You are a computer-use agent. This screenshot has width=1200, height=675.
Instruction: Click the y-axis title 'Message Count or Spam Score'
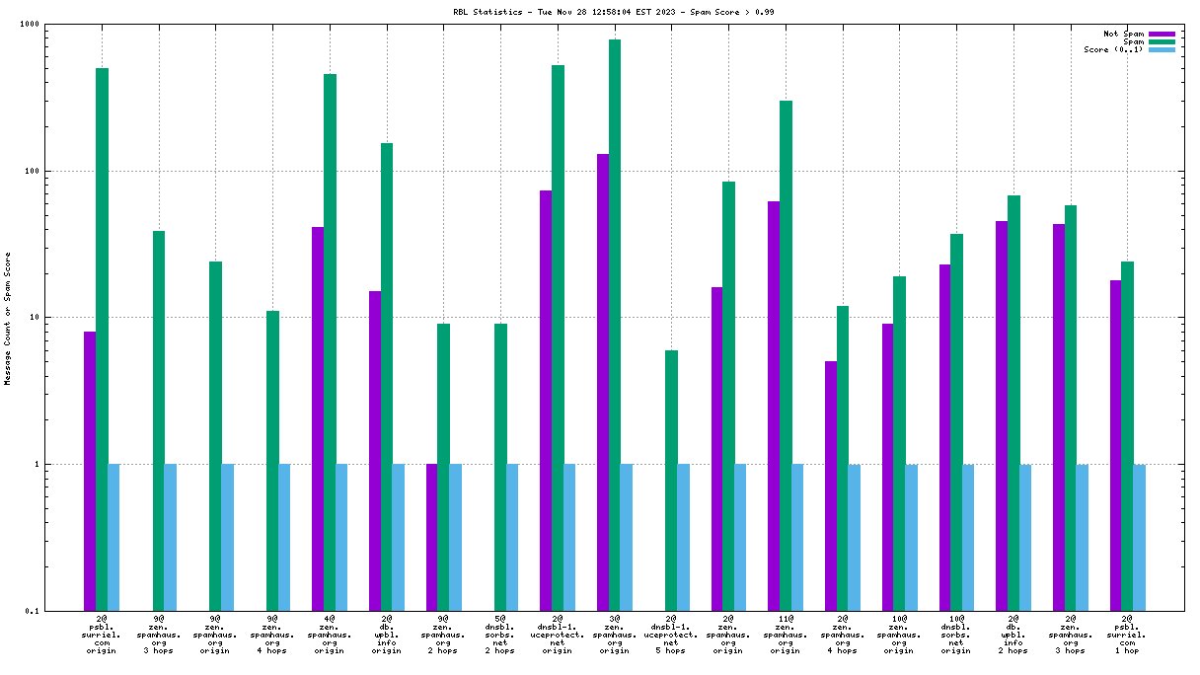[x=8, y=318]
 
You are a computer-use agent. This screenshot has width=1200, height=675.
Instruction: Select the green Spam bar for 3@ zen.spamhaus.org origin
[x=615, y=326]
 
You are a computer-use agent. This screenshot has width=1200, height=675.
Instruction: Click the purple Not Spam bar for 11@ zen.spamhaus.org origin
[x=774, y=406]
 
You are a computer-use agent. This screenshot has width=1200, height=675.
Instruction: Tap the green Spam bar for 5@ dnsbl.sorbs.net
[x=500, y=467]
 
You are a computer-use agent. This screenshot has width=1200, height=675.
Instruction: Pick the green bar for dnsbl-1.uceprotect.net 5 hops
[x=671, y=481]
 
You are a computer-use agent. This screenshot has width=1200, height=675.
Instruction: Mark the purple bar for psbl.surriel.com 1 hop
[x=1116, y=445]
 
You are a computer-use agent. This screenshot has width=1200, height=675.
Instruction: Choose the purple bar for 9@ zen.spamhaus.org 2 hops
[x=431, y=537]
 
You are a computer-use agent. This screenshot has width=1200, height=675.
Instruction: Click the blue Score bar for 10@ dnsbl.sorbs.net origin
[x=968, y=537]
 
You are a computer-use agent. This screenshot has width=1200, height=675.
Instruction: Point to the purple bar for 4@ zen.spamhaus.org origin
[x=318, y=418]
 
